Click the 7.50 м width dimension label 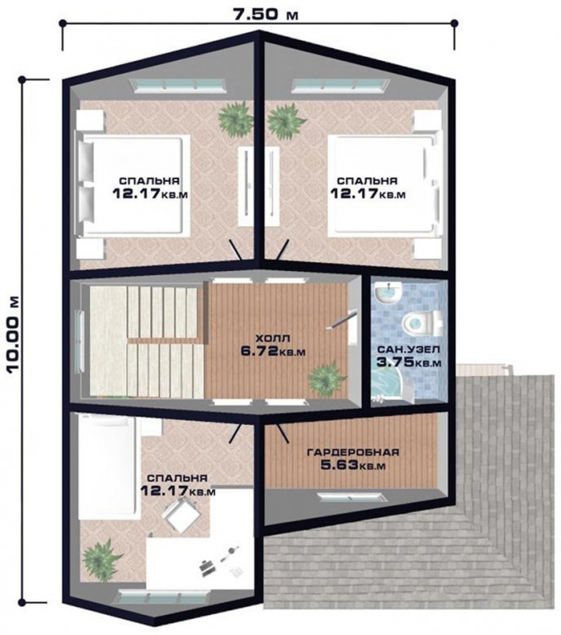point(265,14)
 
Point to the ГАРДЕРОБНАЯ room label point(353,452)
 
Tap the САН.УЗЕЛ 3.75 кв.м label point(408,356)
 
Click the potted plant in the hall point(327,379)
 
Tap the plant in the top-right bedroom point(286,118)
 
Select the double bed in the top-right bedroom point(383,186)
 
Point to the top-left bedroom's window point(178,85)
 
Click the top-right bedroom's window point(341,85)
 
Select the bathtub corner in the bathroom point(385,386)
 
